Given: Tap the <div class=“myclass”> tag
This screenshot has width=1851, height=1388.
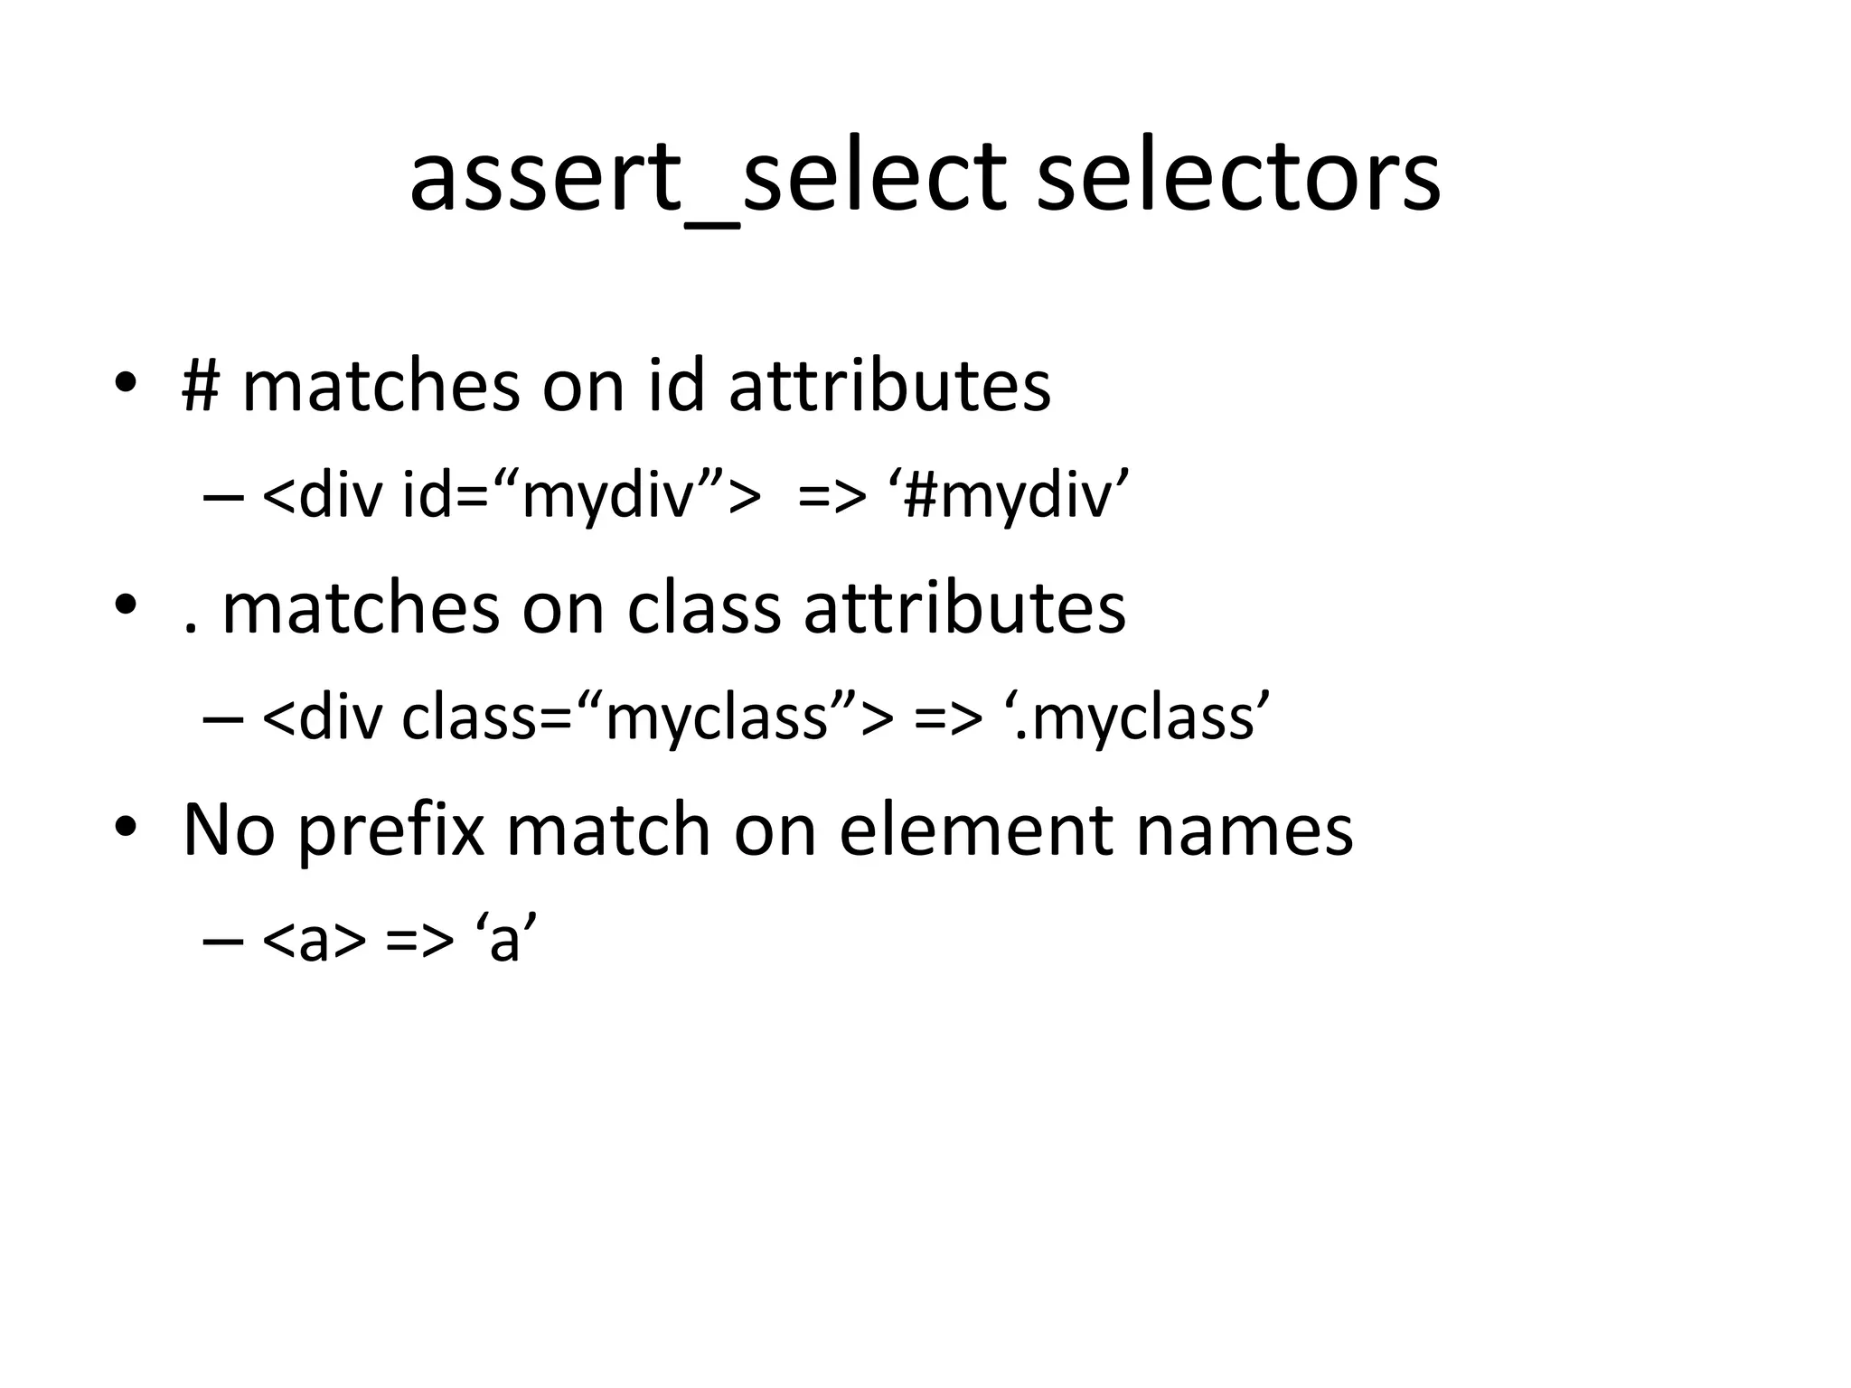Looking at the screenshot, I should [578, 718].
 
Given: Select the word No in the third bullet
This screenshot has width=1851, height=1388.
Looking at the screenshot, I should [229, 830].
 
